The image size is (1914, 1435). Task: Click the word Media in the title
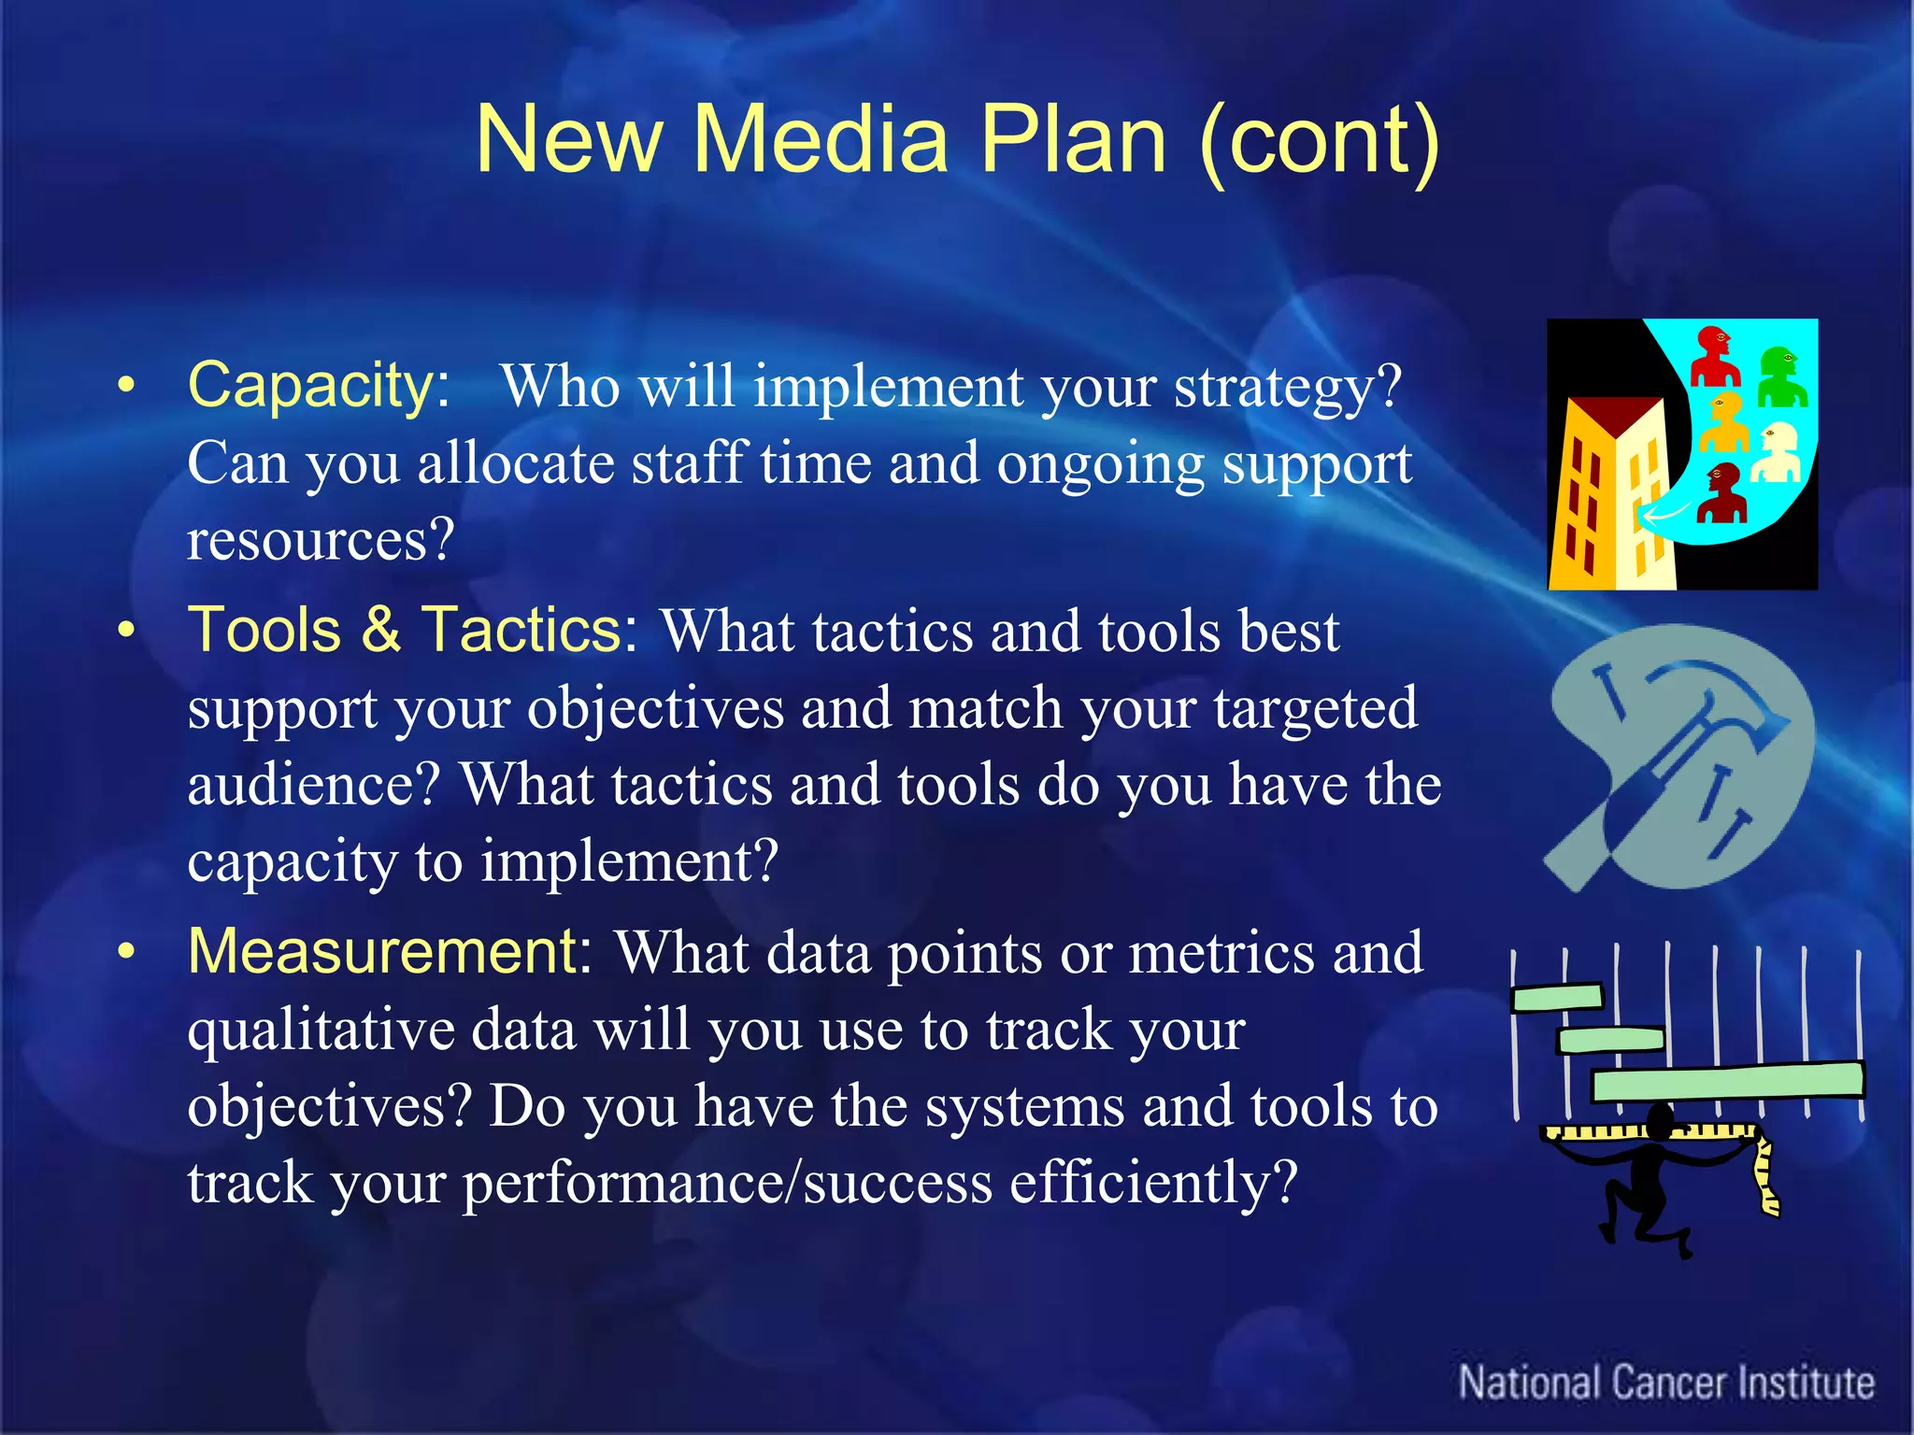point(820,140)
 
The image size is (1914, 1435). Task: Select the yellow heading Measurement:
point(389,951)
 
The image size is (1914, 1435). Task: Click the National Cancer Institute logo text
point(1665,1383)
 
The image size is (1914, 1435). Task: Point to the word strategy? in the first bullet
point(1287,386)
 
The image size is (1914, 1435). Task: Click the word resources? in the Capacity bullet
point(321,540)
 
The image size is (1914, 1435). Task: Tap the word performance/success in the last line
point(727,1183)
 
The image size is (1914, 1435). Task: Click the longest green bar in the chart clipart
point(1727,1081)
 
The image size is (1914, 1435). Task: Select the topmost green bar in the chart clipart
point(1557,998)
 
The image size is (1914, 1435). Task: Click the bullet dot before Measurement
point(126,953)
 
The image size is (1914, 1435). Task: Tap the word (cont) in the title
point(1318,140)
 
